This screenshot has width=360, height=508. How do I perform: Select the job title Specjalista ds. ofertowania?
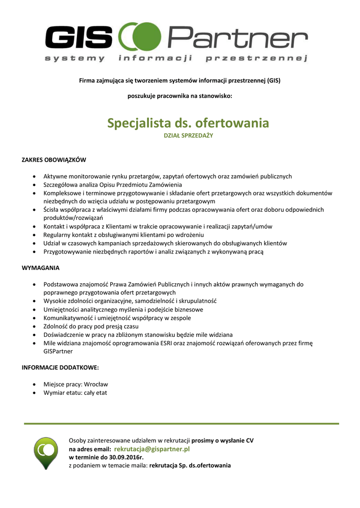188,123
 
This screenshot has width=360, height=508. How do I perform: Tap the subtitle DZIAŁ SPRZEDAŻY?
188,135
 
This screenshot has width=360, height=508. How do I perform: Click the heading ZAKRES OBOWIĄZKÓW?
54,160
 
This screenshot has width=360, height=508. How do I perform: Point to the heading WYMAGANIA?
41,268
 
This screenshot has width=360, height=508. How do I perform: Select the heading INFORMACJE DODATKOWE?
60,368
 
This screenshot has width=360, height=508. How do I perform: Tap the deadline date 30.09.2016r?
123,457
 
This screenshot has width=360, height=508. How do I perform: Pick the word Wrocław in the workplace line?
96,384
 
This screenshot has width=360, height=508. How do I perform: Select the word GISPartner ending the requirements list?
58,351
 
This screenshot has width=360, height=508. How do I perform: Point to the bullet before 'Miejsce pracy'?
33,384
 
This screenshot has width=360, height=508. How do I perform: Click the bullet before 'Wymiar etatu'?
33,393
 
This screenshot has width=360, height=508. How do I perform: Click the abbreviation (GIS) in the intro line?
273,80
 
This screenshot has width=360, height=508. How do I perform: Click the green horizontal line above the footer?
181,424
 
